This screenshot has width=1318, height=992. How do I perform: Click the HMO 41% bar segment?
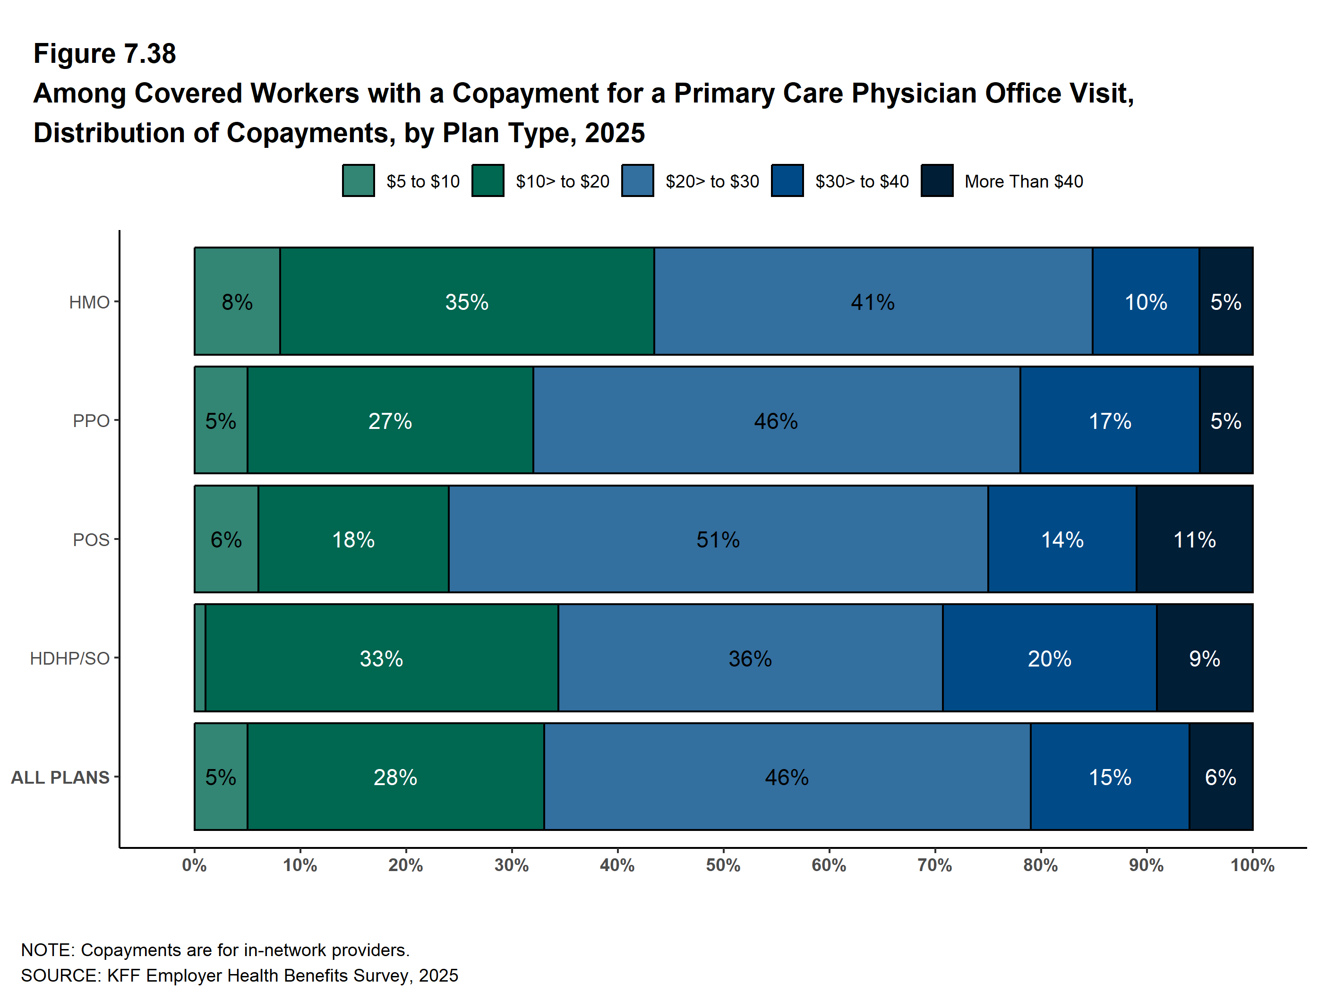click(873, 301)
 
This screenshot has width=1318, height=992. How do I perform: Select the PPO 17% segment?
click(1110, 420)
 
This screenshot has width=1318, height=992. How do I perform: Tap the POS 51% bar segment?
click(718, 539)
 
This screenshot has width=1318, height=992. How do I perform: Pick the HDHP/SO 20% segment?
click(1049, 658)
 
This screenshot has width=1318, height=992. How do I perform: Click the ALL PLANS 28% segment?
click(395, 777)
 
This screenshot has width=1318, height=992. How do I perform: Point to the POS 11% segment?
click(1194, 539)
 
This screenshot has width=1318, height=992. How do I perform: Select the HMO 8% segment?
click(237, 301)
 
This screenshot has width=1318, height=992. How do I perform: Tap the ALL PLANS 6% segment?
click(1220, 777)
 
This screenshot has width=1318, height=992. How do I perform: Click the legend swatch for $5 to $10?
click(359, 180)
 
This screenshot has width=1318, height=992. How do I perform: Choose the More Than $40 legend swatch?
click(937, 180)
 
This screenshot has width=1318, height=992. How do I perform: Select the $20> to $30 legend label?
click(712, 181)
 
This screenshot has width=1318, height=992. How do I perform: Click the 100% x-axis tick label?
click(1252, 865)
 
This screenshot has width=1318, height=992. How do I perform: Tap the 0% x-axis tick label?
click(194, 865)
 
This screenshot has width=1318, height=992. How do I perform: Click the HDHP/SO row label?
click(70, 658)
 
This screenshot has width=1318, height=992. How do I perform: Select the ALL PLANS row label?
click(60, 778)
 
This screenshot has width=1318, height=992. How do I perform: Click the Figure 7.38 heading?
click(105, 54)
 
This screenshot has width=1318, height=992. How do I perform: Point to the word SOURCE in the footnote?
click(60, 975)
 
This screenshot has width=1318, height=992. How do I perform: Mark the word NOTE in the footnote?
click(45, 949)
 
